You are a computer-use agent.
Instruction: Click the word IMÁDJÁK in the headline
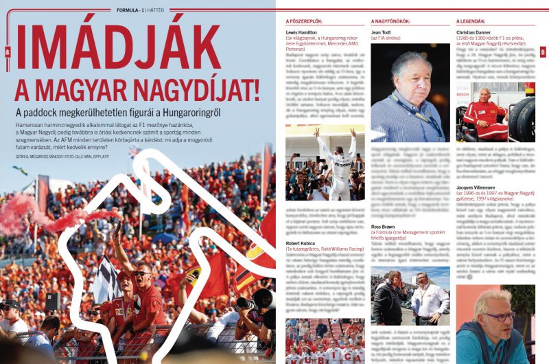tap(118, 47)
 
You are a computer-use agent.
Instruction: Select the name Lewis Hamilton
tap(302, 32)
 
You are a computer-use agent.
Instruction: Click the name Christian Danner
tap(475, 32)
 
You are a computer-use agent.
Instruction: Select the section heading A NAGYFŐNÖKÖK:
tap(393, 21)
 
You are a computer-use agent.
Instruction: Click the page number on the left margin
tap(7, 52)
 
